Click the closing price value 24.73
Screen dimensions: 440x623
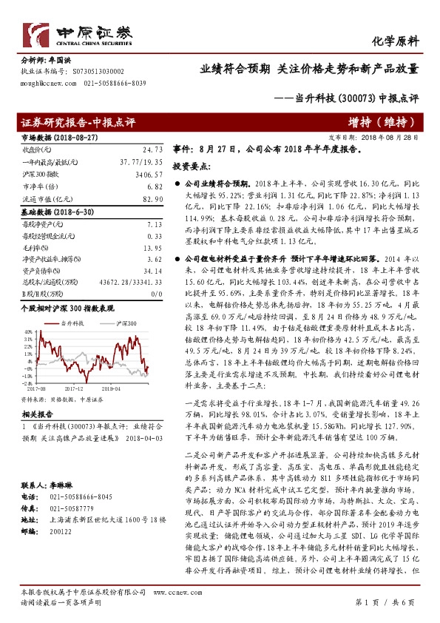[152, 149]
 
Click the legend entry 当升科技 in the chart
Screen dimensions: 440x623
[75, 324]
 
